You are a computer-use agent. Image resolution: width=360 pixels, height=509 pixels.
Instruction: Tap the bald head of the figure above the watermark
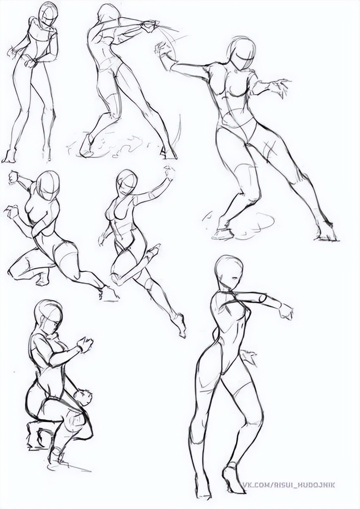point(229,270)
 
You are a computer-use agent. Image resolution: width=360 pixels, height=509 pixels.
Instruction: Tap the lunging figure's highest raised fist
point(14,178)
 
